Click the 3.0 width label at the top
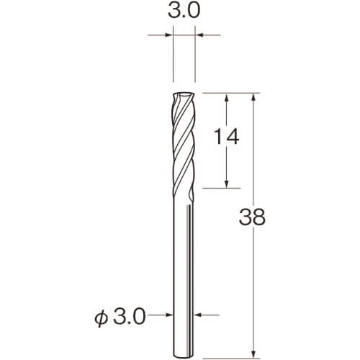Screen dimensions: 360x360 click(184, 11)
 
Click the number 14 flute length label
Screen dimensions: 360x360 click(226, 136)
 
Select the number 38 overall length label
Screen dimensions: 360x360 click(252, 217)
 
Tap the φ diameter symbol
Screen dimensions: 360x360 click(101, 318)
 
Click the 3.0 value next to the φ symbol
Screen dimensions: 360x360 click(129, 317)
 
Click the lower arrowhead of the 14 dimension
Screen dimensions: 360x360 click(226, 184)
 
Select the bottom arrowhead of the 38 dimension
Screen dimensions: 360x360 click(253, 354)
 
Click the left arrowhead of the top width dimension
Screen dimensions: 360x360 click(168, 35)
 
